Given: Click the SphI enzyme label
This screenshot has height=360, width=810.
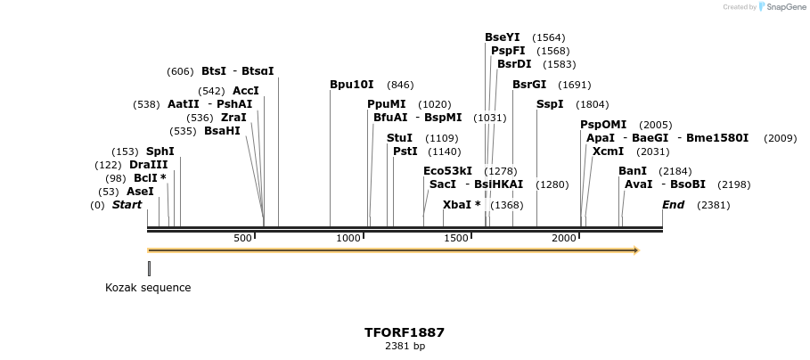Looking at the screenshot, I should [x=160, y=151].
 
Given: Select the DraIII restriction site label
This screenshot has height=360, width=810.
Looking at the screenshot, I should [x=148, y=165].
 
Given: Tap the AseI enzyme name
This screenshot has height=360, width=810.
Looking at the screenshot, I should [x=140, y=192].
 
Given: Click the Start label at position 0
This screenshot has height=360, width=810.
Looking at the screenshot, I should [x=127, y=205].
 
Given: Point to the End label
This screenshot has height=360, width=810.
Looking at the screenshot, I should [x=674, y=205].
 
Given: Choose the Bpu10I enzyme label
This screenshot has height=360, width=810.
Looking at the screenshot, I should [x=352, y=85].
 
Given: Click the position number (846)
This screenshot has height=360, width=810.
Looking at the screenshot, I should [x=400, y=85].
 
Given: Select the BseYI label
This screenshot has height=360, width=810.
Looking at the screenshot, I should [x=503, y=37].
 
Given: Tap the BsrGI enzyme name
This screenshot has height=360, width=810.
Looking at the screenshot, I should [x=529, y=85].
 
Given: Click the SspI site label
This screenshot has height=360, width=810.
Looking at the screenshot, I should [x=550, y=104].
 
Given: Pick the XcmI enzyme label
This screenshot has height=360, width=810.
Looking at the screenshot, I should [x=608, y=151].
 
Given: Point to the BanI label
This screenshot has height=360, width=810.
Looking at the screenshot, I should [x=633, y=170].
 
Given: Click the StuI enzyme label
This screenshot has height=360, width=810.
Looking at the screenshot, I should [x=399, y=138].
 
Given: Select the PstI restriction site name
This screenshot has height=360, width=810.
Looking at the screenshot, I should [x=405, y=151].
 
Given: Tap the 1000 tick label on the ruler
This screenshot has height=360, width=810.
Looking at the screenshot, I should [x=349, y=238].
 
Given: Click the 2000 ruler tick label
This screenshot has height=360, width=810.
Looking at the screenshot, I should [x=564, y=238].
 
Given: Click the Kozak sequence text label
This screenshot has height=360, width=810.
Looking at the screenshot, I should [x=148, y=288].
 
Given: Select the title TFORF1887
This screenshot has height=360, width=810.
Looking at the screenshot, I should [x=405, y=332].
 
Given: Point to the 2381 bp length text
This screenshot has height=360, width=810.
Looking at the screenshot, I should [x=405, y=346].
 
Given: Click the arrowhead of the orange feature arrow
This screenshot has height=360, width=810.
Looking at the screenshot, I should [x=635, y=250].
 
